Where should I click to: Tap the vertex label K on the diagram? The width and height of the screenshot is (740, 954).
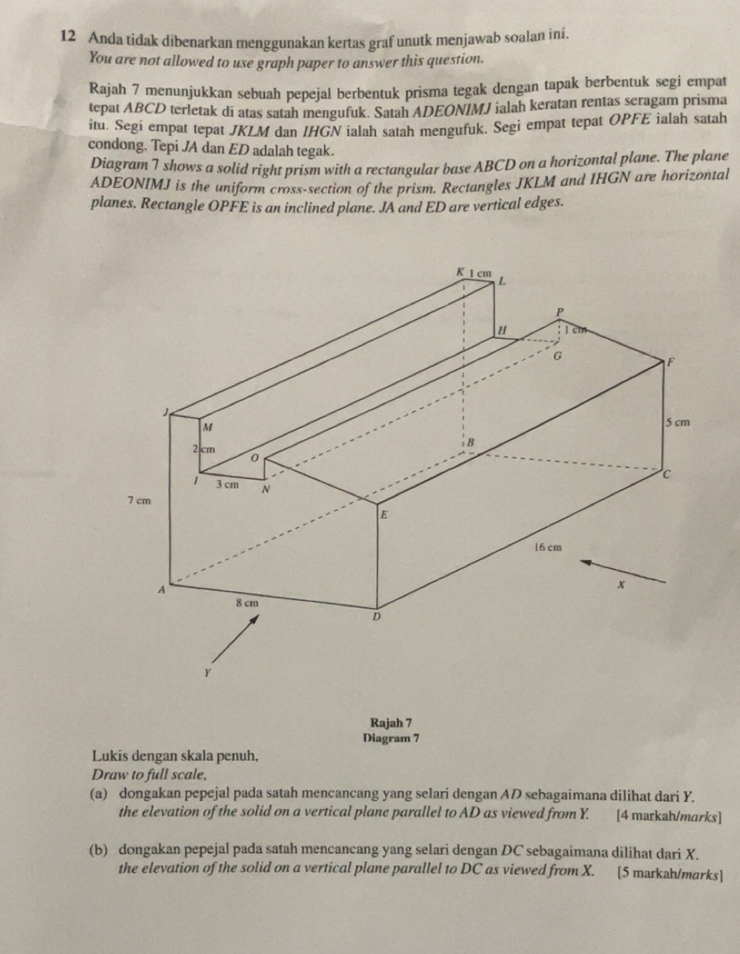(461, 272)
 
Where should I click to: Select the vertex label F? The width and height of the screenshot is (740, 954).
(671, 361)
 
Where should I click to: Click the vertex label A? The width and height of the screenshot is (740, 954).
(162, 590)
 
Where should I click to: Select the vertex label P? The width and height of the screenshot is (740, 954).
(561, 310)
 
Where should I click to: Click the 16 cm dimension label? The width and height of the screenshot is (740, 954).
(547, 547)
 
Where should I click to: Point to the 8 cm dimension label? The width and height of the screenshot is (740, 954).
(247, 601)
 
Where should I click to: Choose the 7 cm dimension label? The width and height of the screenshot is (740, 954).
(139, 501)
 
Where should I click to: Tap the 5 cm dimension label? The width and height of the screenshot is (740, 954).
(676, 422)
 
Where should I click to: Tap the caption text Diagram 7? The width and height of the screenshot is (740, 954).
(390, 738)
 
